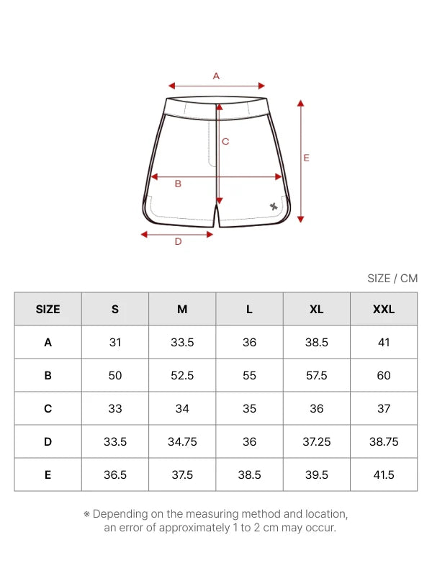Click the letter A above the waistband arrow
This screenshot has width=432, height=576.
coord(216,76)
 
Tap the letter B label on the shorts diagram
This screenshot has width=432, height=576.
coord(178,184)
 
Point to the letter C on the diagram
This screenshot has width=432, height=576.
coord(225,141)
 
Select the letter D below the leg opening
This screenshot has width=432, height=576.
coord(178,241)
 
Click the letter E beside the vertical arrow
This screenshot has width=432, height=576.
coord(307,158)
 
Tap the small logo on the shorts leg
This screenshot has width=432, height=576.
coord(274,207)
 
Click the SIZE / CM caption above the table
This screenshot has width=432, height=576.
coord(392,279)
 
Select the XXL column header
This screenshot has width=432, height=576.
coord(384,310)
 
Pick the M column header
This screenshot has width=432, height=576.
coord(182,310)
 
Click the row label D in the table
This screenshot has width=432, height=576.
coord(48,441)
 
